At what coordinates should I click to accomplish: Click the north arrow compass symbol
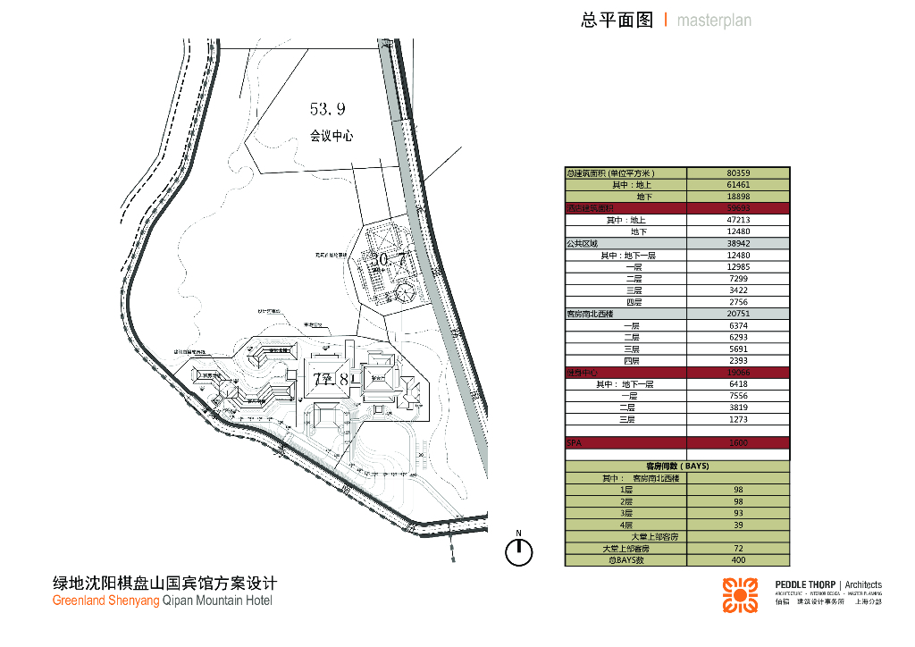(x=518, y=551)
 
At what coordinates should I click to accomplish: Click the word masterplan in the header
(x=714, y=21)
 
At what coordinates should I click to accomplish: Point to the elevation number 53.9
(x=328, y=109)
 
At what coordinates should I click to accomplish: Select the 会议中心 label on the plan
(x=332, y=137)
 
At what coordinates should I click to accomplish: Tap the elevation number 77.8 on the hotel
(x=336, y=379)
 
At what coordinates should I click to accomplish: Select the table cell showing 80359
(x=737, y=173)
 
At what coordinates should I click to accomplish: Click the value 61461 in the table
(x=737, y=185)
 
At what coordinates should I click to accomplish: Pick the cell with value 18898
(x=737, y=197)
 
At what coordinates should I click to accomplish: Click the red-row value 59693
(x=737, y=208)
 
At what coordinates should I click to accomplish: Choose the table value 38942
(x=737, y=243)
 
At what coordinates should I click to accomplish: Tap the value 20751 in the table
(x=737, y=314)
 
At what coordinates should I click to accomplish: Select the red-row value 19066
(x=737, y=372)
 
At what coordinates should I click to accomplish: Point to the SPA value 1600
(x=737, y=442)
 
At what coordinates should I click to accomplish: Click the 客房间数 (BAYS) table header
(x=677, y=466)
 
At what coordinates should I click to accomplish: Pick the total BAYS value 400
(x=737, y=560)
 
